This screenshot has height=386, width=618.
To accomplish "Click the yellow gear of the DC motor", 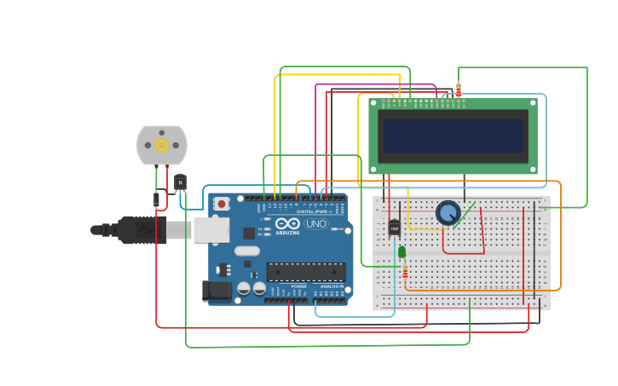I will (161, 145).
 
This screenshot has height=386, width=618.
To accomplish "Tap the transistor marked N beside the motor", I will (180, 182).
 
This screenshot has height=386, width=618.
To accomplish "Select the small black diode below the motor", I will (157, 199).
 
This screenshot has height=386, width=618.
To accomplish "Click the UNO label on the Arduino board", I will (316, 223).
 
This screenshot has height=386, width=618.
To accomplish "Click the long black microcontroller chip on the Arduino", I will (305, 272).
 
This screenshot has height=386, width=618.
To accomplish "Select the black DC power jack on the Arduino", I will (218, 291).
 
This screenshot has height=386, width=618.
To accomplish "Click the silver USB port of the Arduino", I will (211, 230).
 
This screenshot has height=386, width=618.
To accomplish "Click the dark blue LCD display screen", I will (453, 135).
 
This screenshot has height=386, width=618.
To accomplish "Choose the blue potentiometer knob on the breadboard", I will (448, 212).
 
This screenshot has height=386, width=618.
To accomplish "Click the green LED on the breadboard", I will (401, 251).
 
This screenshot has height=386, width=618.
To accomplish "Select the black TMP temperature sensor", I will (394, 228).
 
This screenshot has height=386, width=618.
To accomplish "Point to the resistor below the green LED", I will (405, 272).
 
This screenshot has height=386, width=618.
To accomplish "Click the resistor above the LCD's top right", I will (459, 89).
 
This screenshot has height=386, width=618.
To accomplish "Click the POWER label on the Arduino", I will (299, 286).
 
